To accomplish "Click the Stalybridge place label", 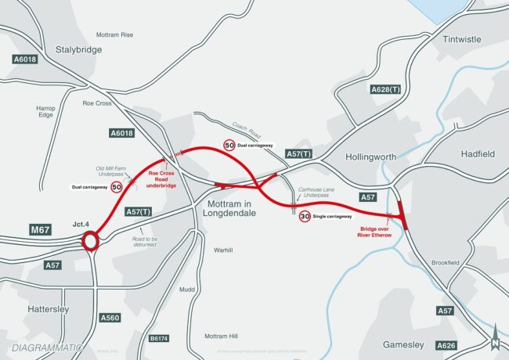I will tap(79, 49).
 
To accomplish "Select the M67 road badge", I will tap(41, 229).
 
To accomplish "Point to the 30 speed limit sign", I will tap(305, 215).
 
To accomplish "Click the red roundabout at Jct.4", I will tap(90, 242).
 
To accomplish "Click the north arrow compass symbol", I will tap(494, 341).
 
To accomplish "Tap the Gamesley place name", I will tap(403, 344).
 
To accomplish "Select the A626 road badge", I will tap(445, 344).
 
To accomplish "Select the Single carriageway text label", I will tap(333, 216).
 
